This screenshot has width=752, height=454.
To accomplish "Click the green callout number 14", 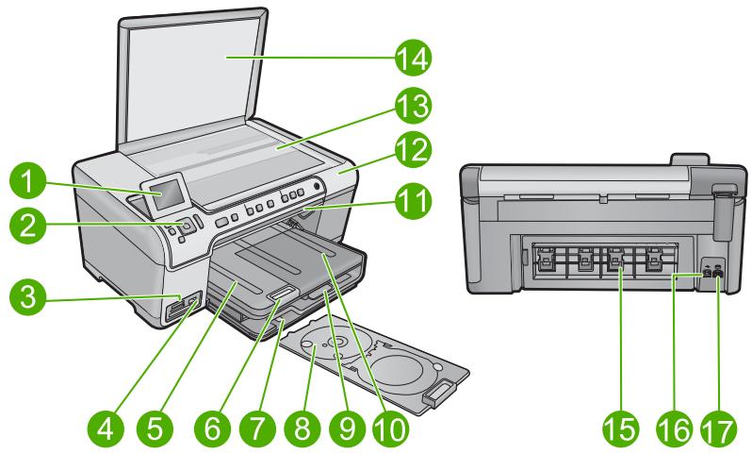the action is point(414,58).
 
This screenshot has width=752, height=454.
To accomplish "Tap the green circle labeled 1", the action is point(28,181).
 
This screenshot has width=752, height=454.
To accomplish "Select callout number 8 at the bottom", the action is point(302,426).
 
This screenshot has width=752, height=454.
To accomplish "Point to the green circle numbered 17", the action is point(718,429).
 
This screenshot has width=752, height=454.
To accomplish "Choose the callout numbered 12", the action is point(414,150).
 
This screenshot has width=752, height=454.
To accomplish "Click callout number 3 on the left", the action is point(28,297).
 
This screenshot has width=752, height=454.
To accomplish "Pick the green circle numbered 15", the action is point(621,429).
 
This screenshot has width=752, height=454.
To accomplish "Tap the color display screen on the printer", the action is point(166,194).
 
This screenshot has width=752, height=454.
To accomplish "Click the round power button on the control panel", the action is point(316,186).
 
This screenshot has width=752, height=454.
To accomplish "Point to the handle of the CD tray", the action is point(437,393).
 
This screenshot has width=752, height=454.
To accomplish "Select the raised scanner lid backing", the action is point(191,78).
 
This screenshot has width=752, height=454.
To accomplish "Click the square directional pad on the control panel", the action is point(185,226).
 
